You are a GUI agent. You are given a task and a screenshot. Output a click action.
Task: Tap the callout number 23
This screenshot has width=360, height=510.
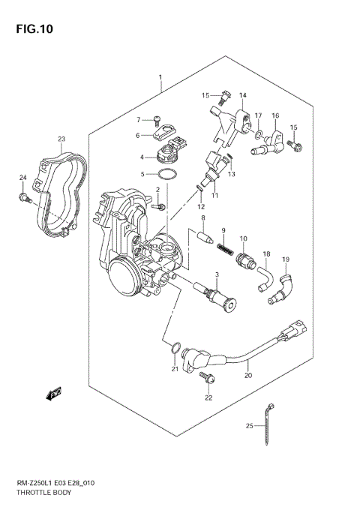click(61, 139)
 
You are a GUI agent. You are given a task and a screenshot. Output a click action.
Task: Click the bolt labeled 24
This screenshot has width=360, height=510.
click(24, 199)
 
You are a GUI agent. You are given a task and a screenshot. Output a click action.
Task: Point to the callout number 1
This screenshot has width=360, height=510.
click(160, 77)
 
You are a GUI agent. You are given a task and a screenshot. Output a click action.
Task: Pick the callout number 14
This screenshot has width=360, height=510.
click(242, 95)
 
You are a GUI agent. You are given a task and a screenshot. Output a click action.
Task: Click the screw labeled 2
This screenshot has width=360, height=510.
click(159, 205)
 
